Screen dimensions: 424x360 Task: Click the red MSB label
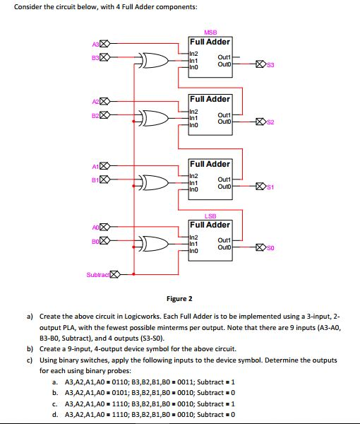[x=210, y=33]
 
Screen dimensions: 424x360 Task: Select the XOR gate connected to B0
[x=154, y=245]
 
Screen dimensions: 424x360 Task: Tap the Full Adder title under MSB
[x=210, y=42]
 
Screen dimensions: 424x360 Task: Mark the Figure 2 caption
[x=179, y=299]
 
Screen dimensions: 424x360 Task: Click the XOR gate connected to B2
[x=154, y=117]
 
